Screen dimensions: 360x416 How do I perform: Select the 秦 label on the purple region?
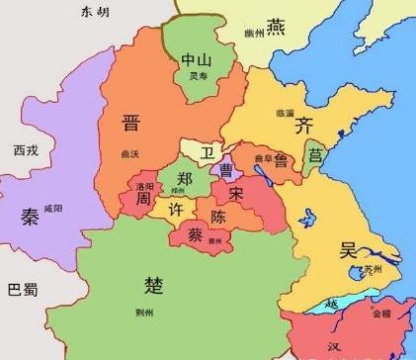tap(29, 217)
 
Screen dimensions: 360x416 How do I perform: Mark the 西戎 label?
tap(27, 150)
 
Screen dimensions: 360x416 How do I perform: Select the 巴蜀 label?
tap(22, 290)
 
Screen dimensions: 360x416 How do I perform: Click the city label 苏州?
tap(371, 269)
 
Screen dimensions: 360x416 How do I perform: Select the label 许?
tap(173, 211)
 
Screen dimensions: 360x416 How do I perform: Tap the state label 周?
tap(143, 200)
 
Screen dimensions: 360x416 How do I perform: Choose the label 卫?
tap(207, 152)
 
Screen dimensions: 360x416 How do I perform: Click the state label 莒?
tap(315, 155)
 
